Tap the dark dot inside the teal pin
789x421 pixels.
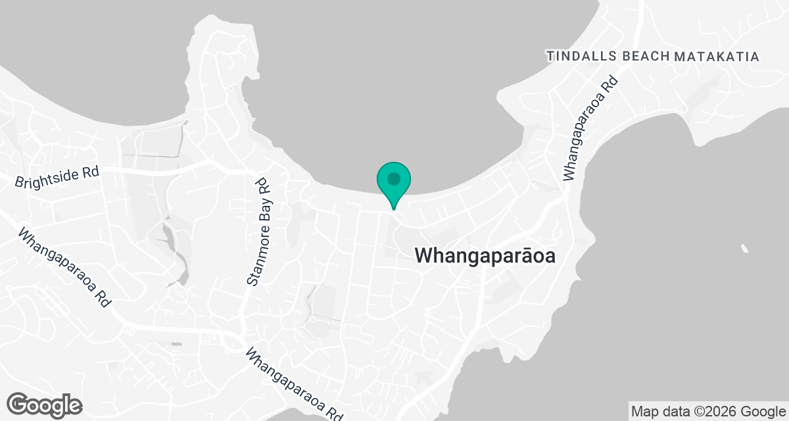click(394, 178)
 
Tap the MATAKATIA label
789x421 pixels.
click(717, 57)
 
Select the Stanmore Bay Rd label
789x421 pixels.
click(260, 230)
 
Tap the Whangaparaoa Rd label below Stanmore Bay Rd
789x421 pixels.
click(295, 385)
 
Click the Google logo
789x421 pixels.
click(45, 405)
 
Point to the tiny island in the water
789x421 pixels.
click(744, 249)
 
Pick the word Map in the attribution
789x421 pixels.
click(644, 412)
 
